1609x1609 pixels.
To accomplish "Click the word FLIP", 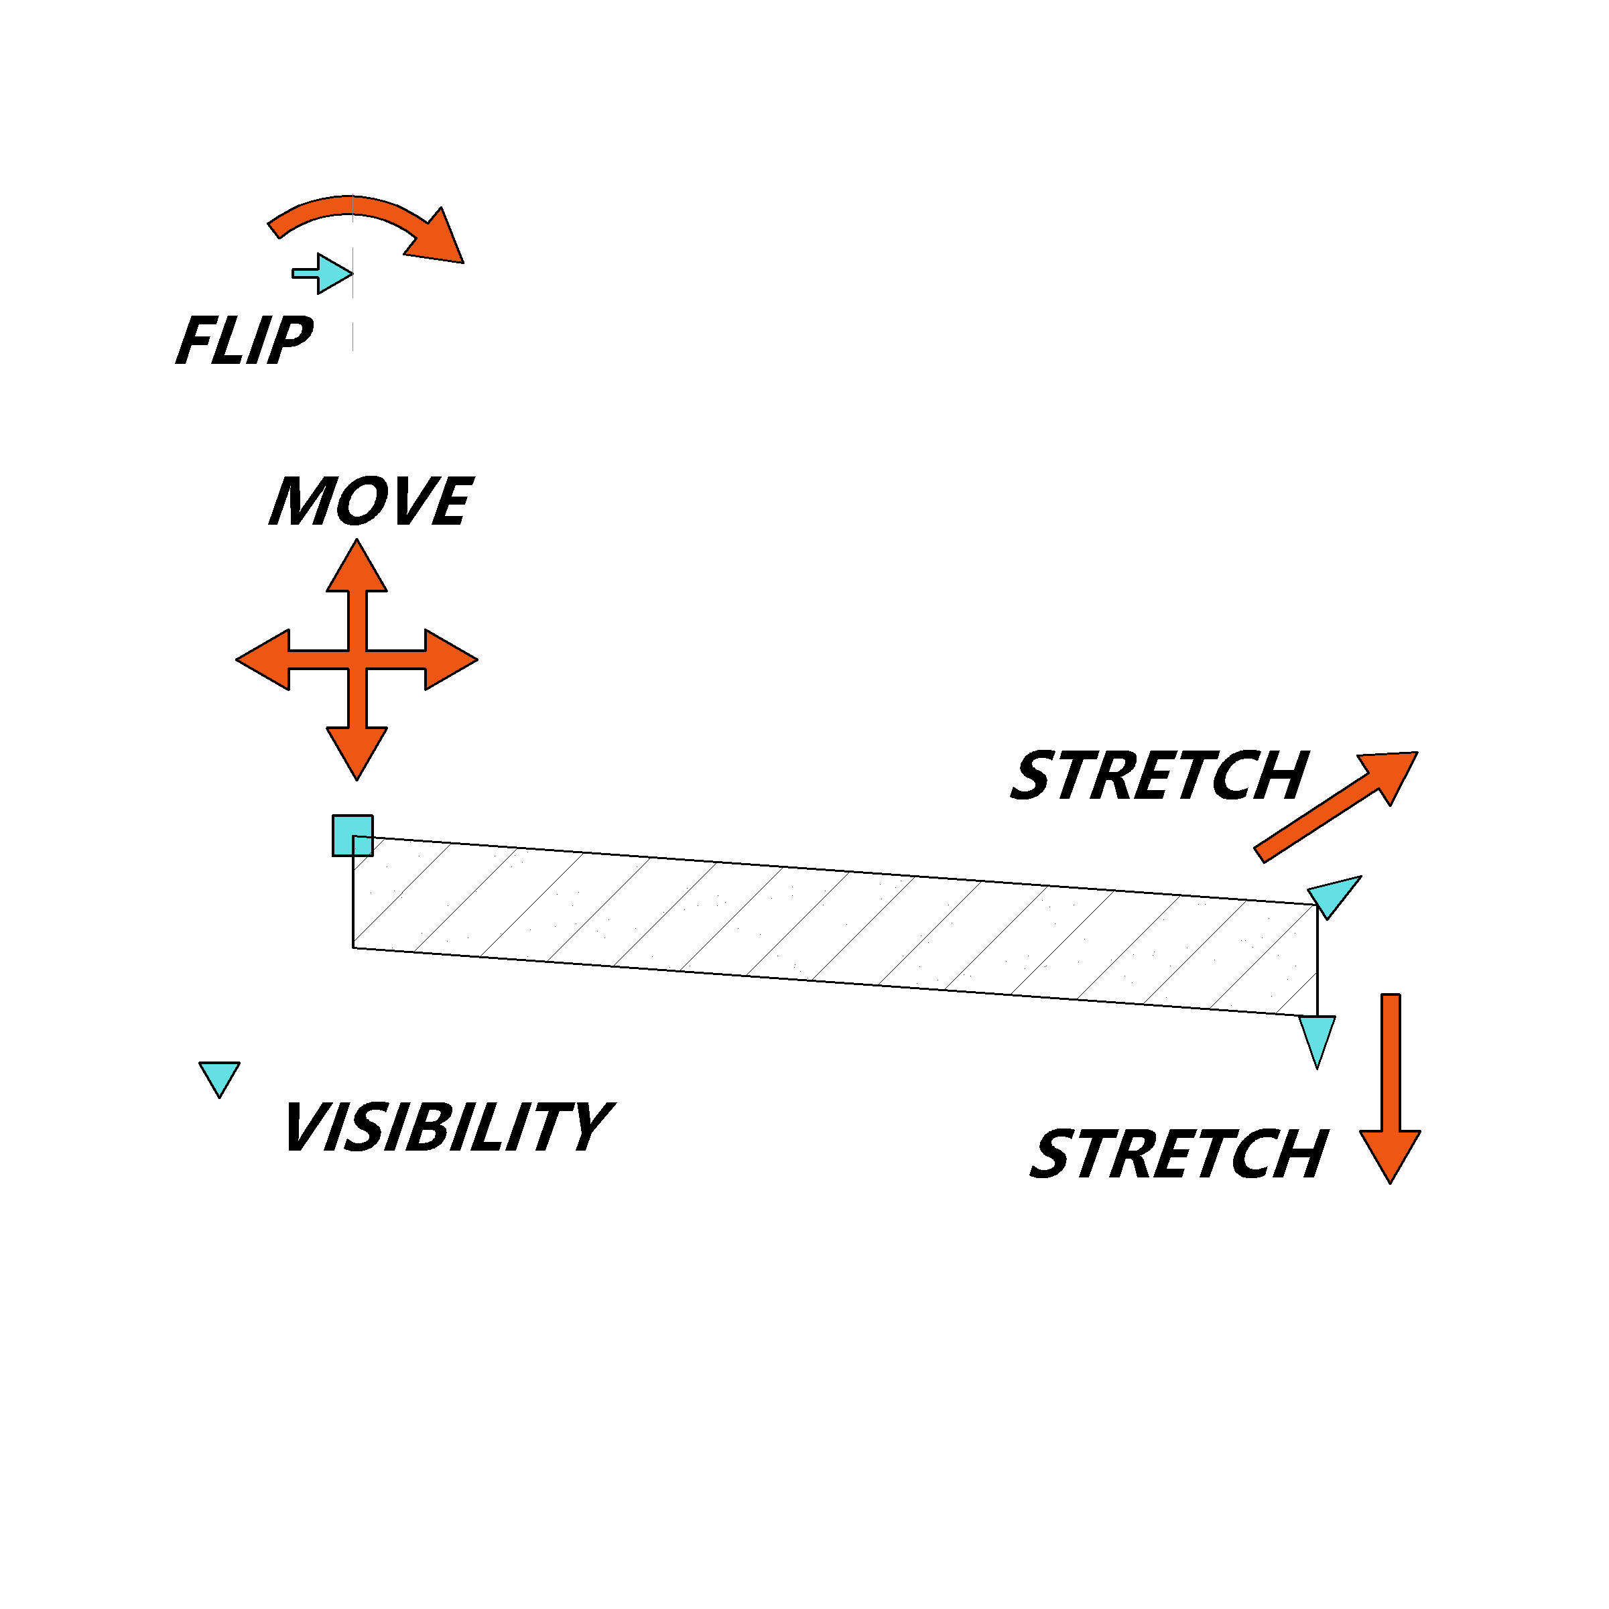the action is (245, 340).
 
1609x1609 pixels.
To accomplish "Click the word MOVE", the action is (371, 501).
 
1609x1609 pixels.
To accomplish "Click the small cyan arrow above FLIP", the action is (322, 273).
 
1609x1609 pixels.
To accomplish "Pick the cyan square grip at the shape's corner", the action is (353, 835).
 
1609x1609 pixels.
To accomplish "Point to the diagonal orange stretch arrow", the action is (1336, 806).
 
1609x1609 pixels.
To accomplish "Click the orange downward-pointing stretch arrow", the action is (1391, 1088).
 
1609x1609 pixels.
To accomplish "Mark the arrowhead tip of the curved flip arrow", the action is (464, 263).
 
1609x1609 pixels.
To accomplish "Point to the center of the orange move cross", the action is (357, 659).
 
